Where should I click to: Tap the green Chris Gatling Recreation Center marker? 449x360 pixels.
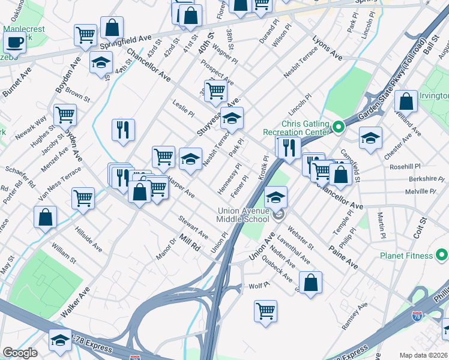tap(338, 127)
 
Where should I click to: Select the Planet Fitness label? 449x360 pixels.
tap(406, 256)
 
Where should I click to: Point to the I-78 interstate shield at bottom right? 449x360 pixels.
tap(417, 314)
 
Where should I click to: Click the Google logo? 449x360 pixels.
tap(20, 353)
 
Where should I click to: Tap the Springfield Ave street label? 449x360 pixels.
tap(127, 41)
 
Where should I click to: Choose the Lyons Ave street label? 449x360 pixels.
tap(327, 47)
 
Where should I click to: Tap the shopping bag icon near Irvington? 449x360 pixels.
tap(406, 103)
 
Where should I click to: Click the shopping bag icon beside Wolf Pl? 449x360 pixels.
tap(310, 284)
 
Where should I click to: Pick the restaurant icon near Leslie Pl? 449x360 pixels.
tap(123, 131)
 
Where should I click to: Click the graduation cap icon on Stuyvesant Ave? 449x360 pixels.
tap(232, 119)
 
